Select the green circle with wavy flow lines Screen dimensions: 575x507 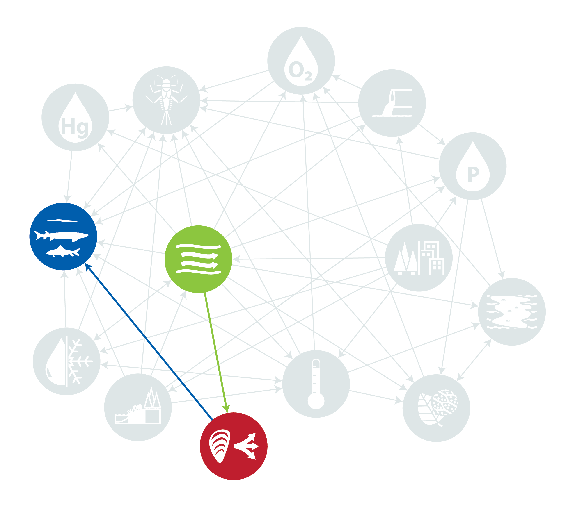(198, 259)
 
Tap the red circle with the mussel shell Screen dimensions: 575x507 (234, 446)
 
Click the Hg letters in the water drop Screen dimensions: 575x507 (75, 127)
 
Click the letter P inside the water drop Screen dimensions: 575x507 (473, 174)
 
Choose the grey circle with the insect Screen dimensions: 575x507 (166, 100)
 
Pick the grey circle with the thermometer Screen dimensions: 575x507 (316, 384)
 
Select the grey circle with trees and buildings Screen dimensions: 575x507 (419, 258)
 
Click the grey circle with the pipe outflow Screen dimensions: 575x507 (392, 103)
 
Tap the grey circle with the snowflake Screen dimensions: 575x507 (66, 361)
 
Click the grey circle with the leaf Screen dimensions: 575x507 (436, 408)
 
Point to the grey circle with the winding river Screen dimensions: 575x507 (512, 312)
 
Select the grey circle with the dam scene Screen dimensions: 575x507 (138, 407)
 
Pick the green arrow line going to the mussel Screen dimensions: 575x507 (216, 352)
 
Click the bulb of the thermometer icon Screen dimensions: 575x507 (316, 401)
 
